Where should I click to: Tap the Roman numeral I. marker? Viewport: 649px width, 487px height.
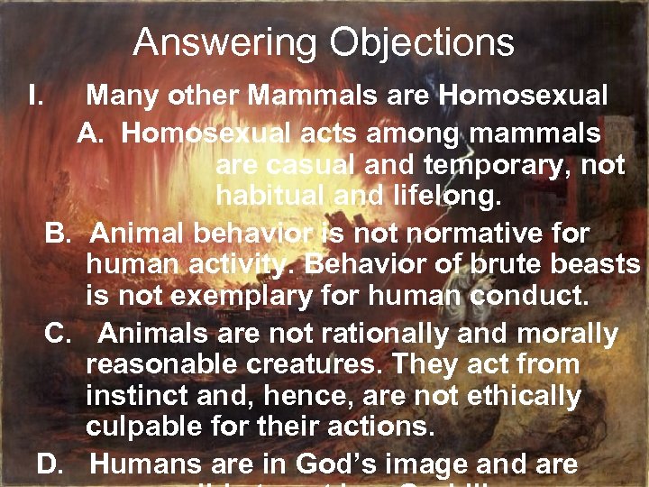tap(36, 95)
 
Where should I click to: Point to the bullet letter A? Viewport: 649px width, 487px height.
tap(92, 134)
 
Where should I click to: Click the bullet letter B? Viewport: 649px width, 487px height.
tap(59, 234)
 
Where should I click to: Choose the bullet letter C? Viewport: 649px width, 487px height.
tap(59, 335)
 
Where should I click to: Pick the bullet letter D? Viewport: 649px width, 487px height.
tap(52, 465)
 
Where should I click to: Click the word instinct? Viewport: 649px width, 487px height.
tap(137, 396)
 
